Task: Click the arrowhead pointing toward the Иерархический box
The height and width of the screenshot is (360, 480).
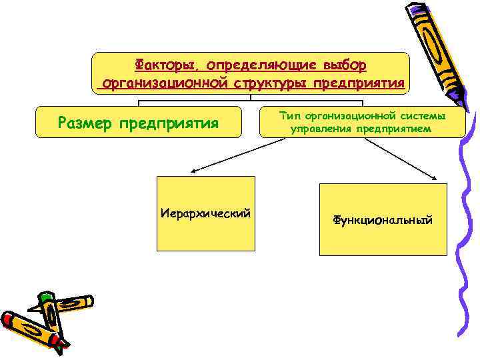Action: point(189,172)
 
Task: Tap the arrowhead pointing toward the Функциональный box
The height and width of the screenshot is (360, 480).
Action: point(435,178)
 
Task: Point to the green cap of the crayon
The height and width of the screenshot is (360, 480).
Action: point(45,298)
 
